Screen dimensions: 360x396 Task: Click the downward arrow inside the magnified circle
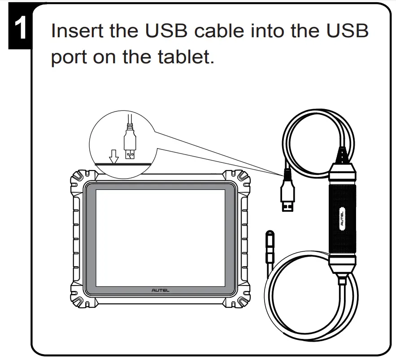(114, 155)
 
